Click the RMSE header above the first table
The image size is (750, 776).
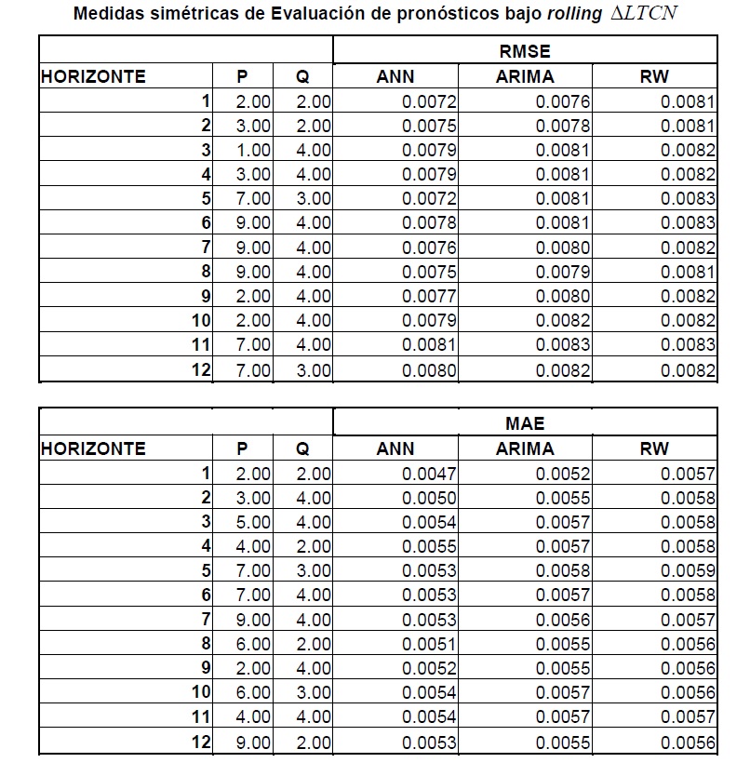525,52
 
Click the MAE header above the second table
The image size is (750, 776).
525,424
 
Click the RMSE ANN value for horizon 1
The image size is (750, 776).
429,101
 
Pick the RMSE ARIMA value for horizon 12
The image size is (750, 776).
562,370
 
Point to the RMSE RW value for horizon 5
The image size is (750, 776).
688,198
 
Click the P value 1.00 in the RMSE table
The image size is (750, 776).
253,150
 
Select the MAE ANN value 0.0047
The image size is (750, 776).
429,474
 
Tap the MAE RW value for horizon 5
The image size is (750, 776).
688,570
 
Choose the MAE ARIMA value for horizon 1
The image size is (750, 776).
562,474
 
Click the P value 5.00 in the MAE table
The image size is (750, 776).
253,522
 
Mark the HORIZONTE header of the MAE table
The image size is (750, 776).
93,448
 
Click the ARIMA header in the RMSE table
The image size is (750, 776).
525,77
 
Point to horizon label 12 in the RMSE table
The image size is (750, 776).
201,370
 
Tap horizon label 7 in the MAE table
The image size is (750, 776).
206,619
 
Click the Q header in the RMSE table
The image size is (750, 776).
302,77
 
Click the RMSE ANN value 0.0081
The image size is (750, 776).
429,345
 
